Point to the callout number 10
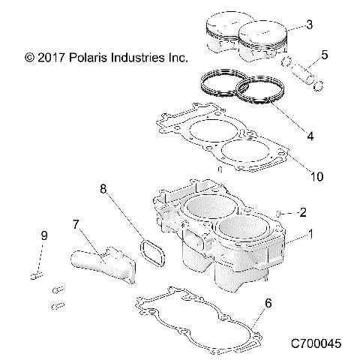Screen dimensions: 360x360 pos(316,176)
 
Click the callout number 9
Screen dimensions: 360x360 pos(43,236)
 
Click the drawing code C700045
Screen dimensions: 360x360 pos(316,343)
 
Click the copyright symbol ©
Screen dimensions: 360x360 pos(30,57)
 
